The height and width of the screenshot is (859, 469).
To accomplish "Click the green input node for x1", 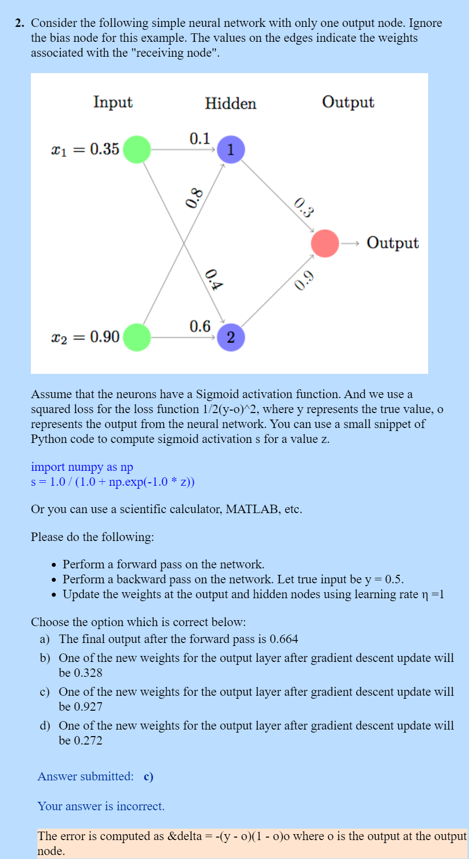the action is tap(137, 149).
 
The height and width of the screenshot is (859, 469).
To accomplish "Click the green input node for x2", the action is tap(137, 337).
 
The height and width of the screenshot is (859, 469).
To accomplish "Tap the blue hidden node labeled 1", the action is tap(231, 149).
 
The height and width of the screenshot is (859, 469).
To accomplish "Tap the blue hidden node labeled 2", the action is tap(231, 337).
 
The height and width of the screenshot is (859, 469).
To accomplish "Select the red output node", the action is tap(325, 243).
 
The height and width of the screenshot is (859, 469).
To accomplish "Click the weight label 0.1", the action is tap(200, 138).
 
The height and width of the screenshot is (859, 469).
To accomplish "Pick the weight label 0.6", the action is tap(200, 326).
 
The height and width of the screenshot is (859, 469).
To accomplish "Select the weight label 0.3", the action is tap(304, 208).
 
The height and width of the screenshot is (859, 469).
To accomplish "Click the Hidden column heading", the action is tap(231, 104).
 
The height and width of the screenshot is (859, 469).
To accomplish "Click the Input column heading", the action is tap(113, 102).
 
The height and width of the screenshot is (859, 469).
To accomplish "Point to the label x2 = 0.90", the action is tap(85, 337).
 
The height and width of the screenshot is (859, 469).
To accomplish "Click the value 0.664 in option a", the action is tap(284, 639).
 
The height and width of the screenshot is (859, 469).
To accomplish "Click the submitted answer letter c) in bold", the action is tap(148, 776).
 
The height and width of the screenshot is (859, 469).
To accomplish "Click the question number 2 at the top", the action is tap(19, 23).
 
